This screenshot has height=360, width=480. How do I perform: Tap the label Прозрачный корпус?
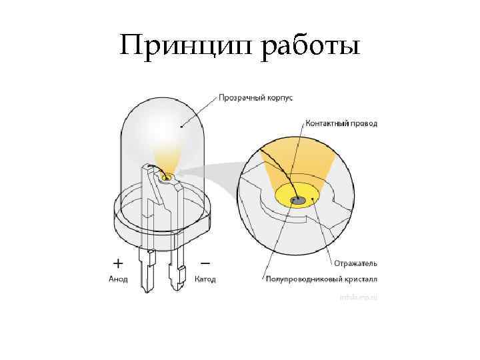tap(256, 98)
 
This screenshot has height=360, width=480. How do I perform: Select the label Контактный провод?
tap(341, 124)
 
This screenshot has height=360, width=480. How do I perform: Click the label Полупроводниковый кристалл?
tap(321, 279)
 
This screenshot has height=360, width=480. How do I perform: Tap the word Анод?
tap(119, 279)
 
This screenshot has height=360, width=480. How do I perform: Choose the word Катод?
tap(205, 279)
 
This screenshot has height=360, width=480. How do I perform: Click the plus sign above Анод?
tap(118, 262)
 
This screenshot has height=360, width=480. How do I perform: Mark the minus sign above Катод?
tap(204, 262)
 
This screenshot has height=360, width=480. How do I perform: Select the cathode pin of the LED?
tap(177, 273)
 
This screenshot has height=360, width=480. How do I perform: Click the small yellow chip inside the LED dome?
tap(167, 177)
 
